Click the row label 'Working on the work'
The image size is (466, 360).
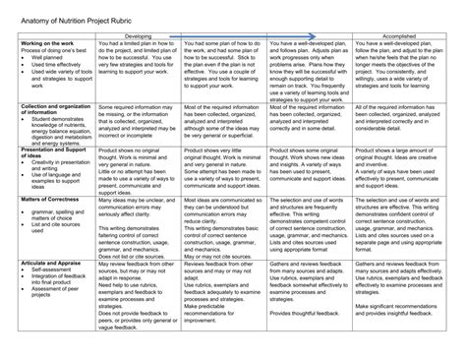tap(48, 43)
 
